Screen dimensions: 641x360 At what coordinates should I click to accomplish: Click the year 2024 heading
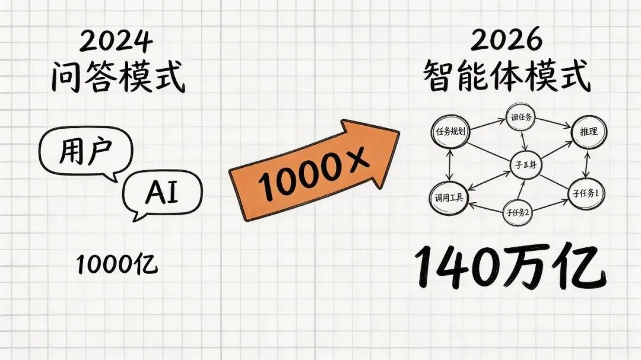[116, 42]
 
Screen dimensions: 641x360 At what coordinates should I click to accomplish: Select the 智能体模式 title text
[508, 77]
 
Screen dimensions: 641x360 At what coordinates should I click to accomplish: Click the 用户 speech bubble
[85, 153]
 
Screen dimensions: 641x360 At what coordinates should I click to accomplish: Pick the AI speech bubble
[162, 193]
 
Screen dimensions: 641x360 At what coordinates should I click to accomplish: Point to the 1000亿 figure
[117, 265]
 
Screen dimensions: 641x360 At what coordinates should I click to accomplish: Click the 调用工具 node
[449, 198]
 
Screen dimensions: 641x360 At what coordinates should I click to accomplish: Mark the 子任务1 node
[587, 193]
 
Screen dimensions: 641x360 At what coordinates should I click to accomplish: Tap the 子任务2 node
[518, 212]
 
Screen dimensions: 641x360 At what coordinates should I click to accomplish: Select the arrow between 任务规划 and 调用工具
[451, 165]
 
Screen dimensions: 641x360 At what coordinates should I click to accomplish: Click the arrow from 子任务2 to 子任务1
[551, 203]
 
